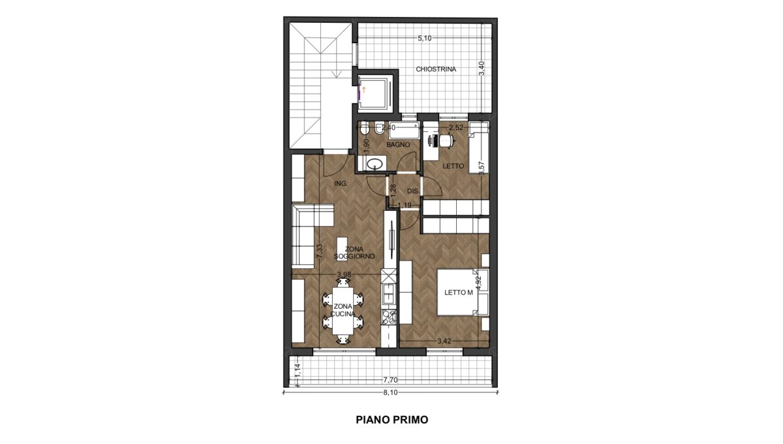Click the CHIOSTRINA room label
[436, 69]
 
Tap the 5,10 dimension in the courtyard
[425, 39]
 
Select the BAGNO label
[398, 144]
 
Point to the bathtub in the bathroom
[404, 131]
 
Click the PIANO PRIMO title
[392, 420]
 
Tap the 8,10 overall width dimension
[390, 392]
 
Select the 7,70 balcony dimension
[390, 380]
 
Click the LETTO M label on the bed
[459, 293]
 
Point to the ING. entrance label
[341, 183]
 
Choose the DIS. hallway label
[413, 191]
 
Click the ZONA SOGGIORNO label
[354, 253]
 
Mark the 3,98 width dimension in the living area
[344, 274]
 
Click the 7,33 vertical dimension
[75, 251]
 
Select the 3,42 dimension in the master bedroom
[444, 341]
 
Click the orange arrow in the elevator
[364, 89]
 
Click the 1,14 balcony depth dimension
[298, 371]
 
